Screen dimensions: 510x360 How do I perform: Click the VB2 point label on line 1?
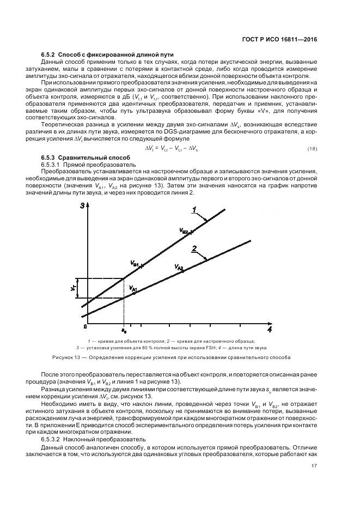coord(186,232)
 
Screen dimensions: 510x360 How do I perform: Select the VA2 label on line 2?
coord(180,268)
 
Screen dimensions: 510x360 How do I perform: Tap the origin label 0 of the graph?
coord(86,326)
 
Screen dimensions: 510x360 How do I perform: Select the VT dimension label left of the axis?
coord(72,287)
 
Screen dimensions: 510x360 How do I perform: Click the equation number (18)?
coord(312,149)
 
